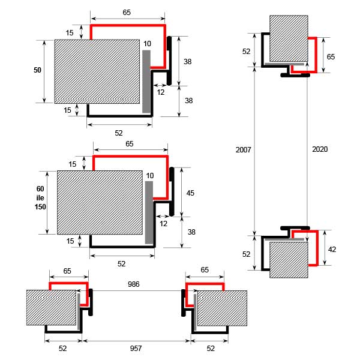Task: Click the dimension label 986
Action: (x=133, y=284)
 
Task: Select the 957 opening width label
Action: (x=136, y=348)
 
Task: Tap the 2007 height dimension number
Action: (x=243, y=149)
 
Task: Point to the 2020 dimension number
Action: (x=320, y=149)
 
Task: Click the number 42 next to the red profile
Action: (x=332, y=250)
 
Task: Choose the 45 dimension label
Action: (x=190, y=193)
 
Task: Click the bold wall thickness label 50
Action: (x=37, y=70)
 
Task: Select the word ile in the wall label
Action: (x=40, y=198)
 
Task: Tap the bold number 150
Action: (x=40, y=207)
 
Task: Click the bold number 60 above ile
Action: (x=40, y=189)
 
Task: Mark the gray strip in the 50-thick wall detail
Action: (x=146, y=82)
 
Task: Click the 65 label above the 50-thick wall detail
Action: (x=127, y=13)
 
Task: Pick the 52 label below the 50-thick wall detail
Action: (x=119, y=133)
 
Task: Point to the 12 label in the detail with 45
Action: (x=163, y=224)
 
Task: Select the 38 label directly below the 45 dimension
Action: (x=191, y=232)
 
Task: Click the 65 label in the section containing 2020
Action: (x=331, y=57)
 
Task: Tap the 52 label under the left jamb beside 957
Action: (x=62, y=348)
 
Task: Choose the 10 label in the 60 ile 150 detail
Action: (x=149, y=176)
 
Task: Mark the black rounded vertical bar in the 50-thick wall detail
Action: (x=169, y=61)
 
